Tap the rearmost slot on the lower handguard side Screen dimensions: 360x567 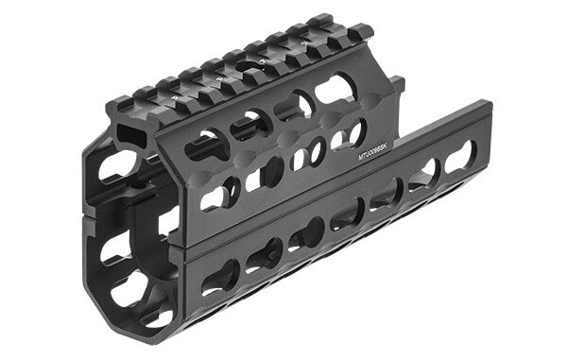[x=460, y=155]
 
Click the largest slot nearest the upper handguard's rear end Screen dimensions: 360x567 [x=335, y=91]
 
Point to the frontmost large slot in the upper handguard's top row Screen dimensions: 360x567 [x=206, y=145]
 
